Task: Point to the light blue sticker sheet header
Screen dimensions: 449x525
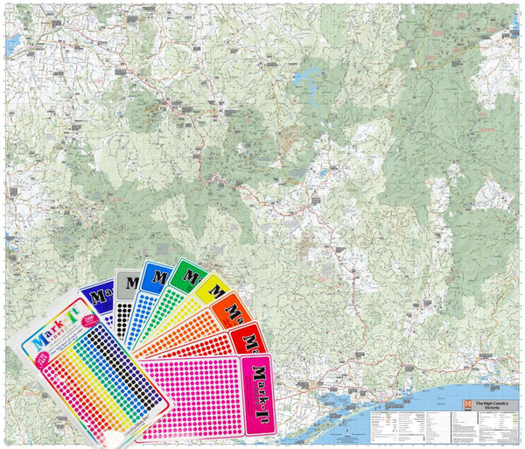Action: coord(158,274)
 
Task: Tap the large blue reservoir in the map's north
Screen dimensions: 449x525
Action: coord(307,83)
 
